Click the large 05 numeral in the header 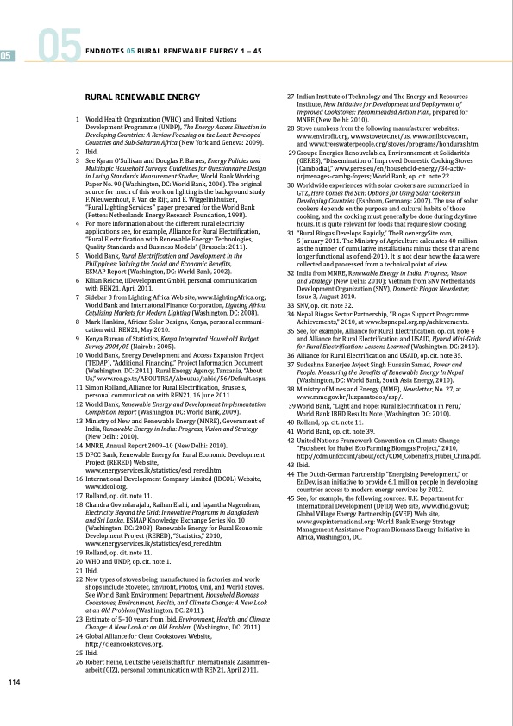[59, 49]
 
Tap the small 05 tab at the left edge [6, 56]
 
